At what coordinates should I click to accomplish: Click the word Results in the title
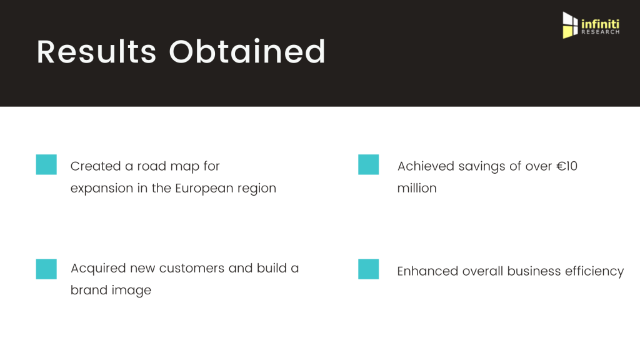pos(97,52)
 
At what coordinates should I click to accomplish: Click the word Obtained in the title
pos(247,51)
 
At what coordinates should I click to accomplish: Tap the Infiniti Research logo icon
pos(570,25)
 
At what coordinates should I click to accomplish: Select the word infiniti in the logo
pos(601,24)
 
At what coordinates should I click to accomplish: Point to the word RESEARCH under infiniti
pos(601,32)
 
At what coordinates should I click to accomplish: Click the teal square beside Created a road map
pos(46,164)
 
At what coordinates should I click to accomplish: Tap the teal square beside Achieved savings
pos(369,164)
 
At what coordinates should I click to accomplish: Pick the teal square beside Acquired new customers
pos(46,269)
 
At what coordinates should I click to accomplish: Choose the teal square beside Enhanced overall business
pos(369,269)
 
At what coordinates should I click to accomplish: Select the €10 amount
pos(567,166)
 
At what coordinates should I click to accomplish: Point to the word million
pos(417,188)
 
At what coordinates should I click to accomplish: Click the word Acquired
pos(98,269)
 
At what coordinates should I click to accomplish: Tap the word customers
pos(191,269)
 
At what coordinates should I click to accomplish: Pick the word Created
pos(96,166)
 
